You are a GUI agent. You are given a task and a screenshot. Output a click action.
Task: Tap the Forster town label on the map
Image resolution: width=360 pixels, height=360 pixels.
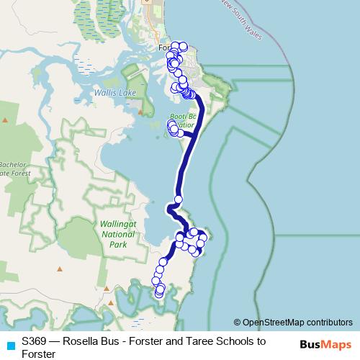tap(163, 48)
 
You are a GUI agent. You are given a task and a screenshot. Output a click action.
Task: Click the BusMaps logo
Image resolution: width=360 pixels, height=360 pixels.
tap(325, 343)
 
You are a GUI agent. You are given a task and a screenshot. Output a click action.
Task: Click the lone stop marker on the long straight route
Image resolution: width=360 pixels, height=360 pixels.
tap(178, 199)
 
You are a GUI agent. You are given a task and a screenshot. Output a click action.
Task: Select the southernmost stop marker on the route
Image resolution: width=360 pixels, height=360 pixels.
tap(159, 294)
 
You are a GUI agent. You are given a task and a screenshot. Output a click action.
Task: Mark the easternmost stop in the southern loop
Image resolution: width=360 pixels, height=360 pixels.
tap(204, 238)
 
